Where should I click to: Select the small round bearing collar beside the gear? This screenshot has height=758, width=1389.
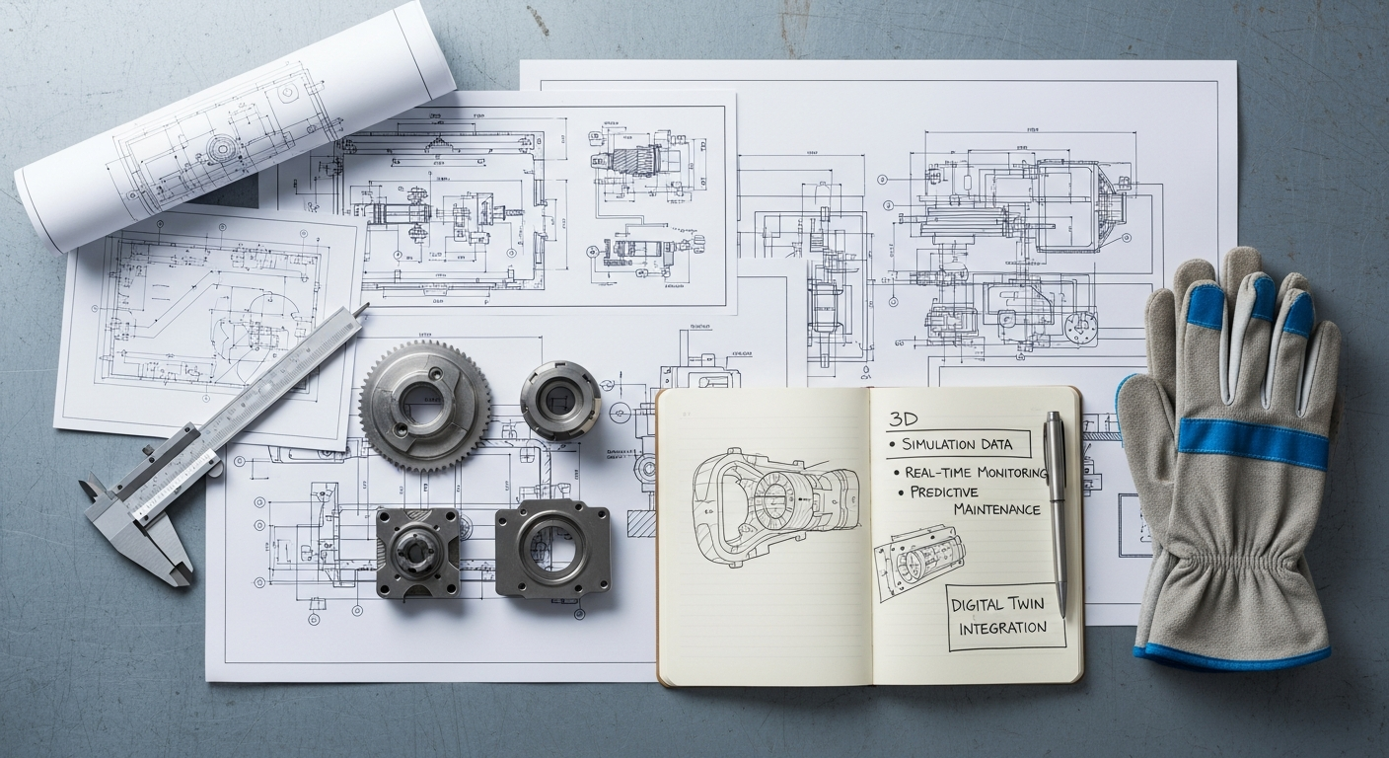(560, 400)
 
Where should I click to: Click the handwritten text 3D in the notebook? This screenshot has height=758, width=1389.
(904, 419)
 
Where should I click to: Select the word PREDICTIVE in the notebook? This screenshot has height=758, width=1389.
(944, 492)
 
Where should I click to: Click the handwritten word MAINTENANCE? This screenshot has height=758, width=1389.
(996, 509)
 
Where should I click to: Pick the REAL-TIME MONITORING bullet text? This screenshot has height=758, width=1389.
(975, 473)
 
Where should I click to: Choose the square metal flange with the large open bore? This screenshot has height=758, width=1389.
(551, 548)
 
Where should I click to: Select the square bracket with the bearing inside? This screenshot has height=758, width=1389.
(417, 552)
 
